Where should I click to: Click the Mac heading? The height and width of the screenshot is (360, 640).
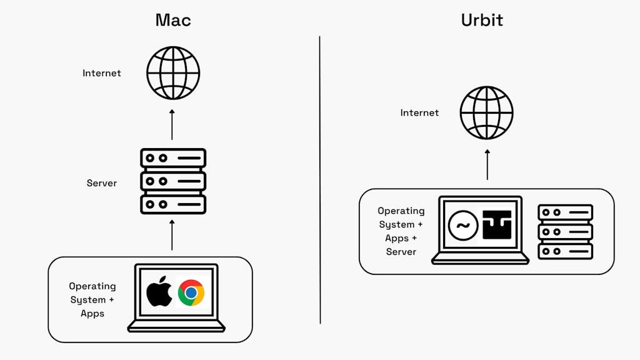(x=173, y=20)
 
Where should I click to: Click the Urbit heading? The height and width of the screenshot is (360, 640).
(x=482, y=20)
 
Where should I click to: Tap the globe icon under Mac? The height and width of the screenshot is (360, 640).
(x=173, y=72)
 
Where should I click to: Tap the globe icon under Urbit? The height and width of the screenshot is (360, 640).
(x=486, y=112)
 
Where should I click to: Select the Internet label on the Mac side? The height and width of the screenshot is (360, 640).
(x=102, y=73)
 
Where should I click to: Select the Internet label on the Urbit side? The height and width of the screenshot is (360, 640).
(x=419, y=113)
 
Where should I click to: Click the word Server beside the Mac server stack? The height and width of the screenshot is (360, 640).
(x=102, y=184)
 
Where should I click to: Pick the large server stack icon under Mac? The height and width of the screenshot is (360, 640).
(x=173, y=181)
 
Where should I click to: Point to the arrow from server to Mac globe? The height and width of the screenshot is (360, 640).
(x=172, y=124)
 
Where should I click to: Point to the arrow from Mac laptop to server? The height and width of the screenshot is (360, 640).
(x=172, y=235)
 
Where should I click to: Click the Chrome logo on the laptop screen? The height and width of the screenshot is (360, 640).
(x=191, y=292)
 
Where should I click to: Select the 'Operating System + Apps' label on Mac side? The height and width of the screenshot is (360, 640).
(x=92, y=299)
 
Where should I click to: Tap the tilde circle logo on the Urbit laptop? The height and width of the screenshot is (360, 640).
(x=463, y=225)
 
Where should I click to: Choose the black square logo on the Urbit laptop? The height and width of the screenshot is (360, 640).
(x=497, y=225)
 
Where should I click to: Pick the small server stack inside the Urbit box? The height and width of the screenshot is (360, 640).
(x=565, y=231)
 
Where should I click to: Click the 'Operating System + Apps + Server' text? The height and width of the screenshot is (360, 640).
(x=401, y=231)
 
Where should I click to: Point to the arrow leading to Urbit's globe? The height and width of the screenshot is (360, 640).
(x=487, y=164)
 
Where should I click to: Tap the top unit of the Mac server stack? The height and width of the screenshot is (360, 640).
(x=173, y=158)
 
